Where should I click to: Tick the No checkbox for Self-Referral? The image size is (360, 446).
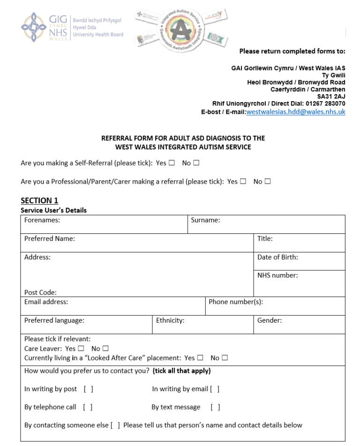(x=196, y=163)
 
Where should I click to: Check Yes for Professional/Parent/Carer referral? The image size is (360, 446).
(x=243, y=182)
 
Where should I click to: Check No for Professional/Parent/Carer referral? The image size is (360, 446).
(x=268, y=182)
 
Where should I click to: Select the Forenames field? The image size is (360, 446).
(x=122, y=224)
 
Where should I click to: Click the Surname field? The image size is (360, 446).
(x=281, y=224)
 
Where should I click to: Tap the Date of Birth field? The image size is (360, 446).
(x=299, y=261)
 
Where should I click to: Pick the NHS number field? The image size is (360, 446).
(x=299, y=283)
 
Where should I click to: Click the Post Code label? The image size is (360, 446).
(x=40, y=292)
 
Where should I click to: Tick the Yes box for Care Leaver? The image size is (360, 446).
(x=82, y=349)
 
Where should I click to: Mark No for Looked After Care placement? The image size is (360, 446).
(x=225, y=358)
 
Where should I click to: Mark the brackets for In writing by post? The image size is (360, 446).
(x=88, y=389)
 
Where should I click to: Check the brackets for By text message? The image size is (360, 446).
(x=216, y=407)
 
